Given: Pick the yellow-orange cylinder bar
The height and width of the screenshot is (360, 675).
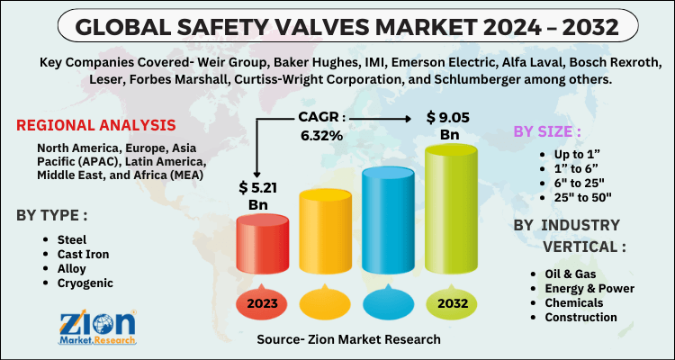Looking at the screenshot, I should point(326,236).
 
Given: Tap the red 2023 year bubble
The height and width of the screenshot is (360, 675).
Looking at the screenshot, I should point(263,303).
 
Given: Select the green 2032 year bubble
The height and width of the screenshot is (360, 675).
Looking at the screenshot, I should point(453,303).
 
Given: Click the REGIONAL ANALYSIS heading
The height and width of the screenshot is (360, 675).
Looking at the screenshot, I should point(96,124).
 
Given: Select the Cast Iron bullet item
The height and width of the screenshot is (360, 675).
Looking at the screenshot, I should point(82,254).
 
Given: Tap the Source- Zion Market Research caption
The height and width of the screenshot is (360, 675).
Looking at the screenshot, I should point(347,339).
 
